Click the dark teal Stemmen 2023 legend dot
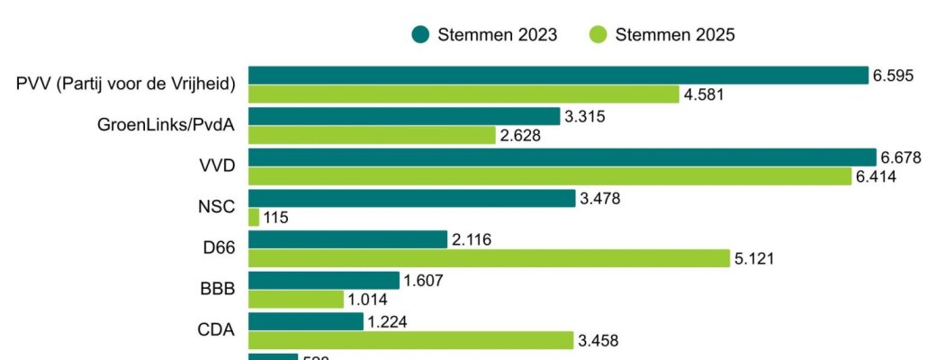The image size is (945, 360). [x=420, y=35]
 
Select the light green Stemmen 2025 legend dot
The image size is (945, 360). [x=598, y=35]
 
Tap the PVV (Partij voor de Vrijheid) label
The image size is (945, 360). [x=125, y=85]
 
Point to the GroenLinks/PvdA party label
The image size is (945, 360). [x=166, y=125]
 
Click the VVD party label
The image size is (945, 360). [x=217, y=166]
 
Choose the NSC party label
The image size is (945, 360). [x=216, y=207]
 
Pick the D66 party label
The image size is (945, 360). [x=217, y=248]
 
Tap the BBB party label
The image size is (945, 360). [x=217, y=290]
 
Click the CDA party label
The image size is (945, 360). [x=216, y=330]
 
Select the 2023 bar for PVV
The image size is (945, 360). [x=558, y=76]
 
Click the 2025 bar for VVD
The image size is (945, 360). [x=550, y=176]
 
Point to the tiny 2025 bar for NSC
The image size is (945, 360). [x=254, y=217]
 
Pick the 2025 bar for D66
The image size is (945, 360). [x=489, y=258]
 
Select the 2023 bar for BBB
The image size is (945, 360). [x=324, y=281]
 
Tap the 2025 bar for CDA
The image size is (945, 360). [x=410, y=340]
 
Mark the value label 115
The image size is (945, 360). [x=275, y=218]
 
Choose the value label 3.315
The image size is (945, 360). [x=585, y=117]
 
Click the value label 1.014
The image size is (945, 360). [x=367, y=300]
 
